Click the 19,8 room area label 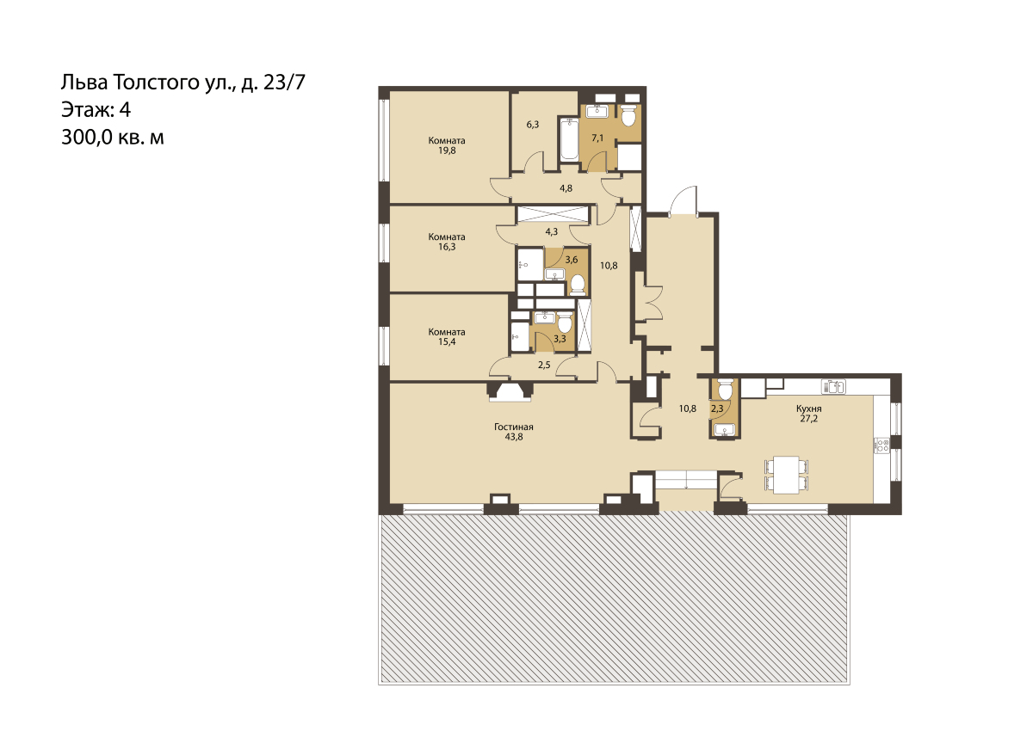[447, 150]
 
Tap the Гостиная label [514, 427]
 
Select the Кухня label [809, 408]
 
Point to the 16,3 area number [447, 247]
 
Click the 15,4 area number [447, 341]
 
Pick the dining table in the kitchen [786, 475]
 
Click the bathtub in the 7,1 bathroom [570, 139]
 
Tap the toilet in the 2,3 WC [725, 389]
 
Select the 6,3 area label [533, 125]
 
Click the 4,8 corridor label [566, 188]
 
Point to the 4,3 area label [552, 231]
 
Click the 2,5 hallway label [544, 365]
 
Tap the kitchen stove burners [882, 445]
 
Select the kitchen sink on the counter [834, 387]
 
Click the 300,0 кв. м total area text [113, 138]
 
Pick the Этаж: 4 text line [96, 110]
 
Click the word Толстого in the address [157, 83]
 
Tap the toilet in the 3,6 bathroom [578, 284]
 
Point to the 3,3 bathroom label [560, 340]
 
